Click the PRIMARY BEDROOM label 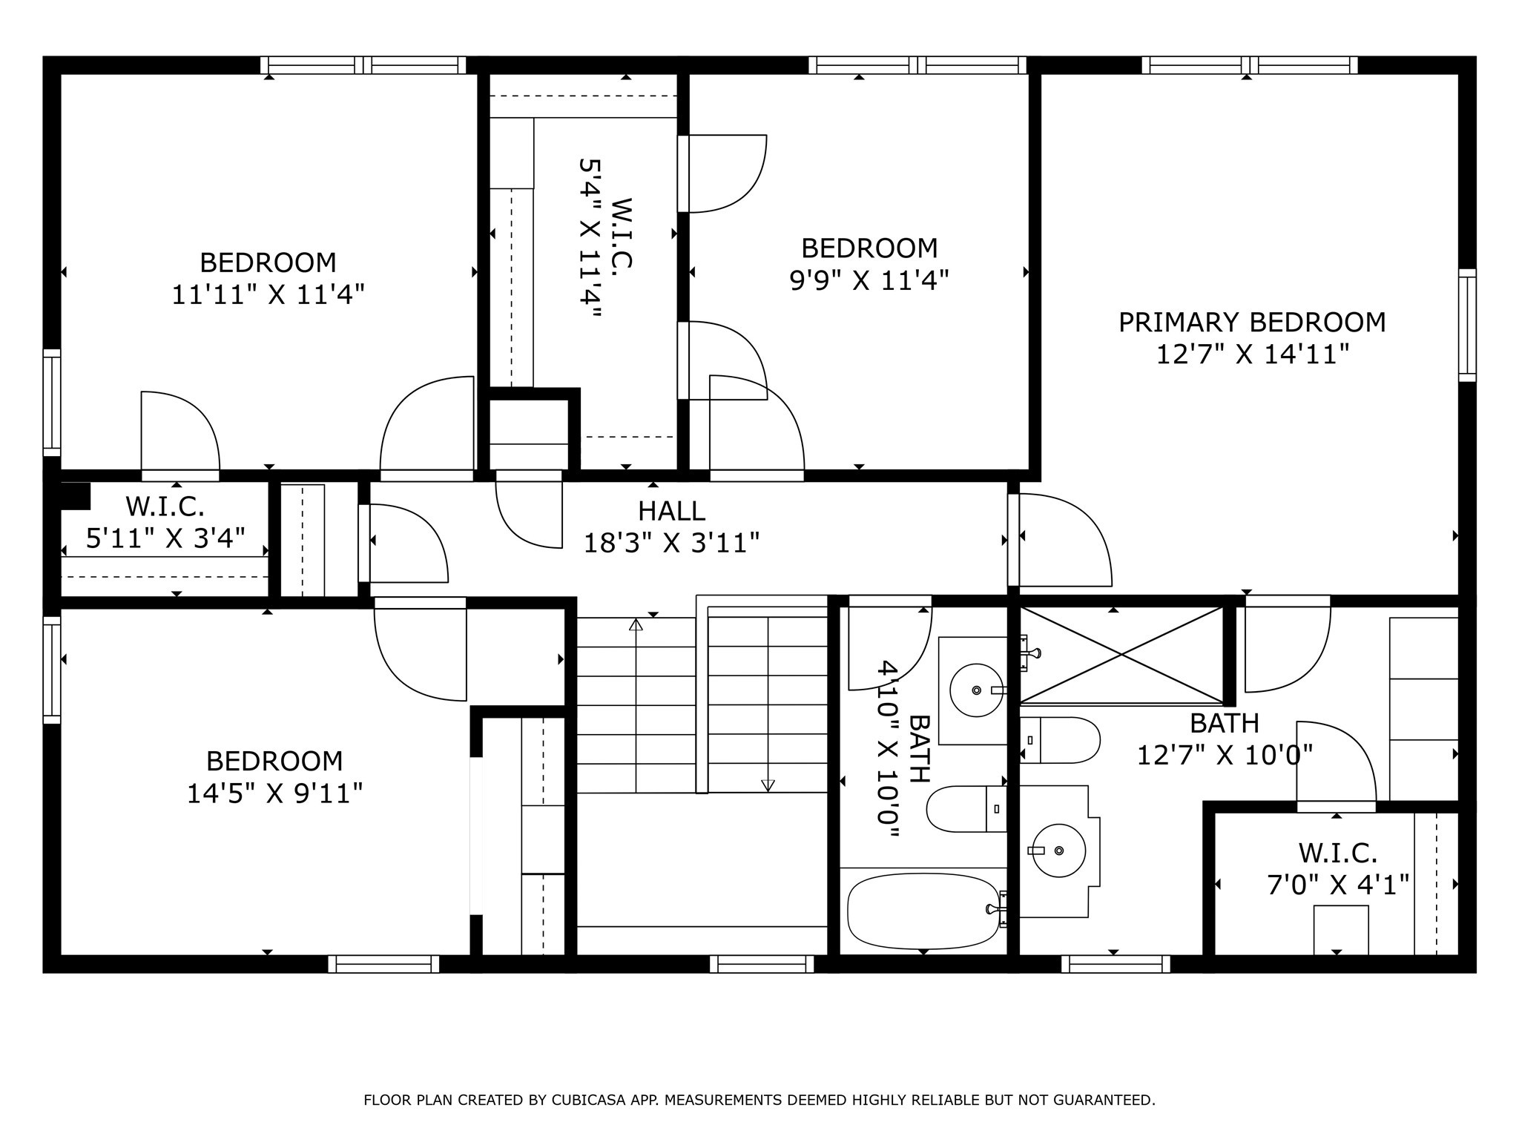[x=1251, y=323]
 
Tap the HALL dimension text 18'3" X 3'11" [x=671, y=544]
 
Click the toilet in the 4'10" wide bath [x=964, y=809]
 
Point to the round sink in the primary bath [x=1058, y=850]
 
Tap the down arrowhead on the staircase [x=768, y=785]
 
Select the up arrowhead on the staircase [x=636, y=624]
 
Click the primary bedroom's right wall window [x=1467, y=325]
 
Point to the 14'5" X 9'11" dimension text [x=274, y=794]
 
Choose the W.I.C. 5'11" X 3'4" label [x=165, y=523]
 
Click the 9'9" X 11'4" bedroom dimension [x=869, y=280]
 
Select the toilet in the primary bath [x=1059, y=740]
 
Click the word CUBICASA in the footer [x=590, y=1100]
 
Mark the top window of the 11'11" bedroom [x=363, y=65]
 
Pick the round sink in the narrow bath [x=975, y=690]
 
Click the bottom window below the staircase [x=762, y=963]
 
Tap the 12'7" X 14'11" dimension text [x=1251, y=354]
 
